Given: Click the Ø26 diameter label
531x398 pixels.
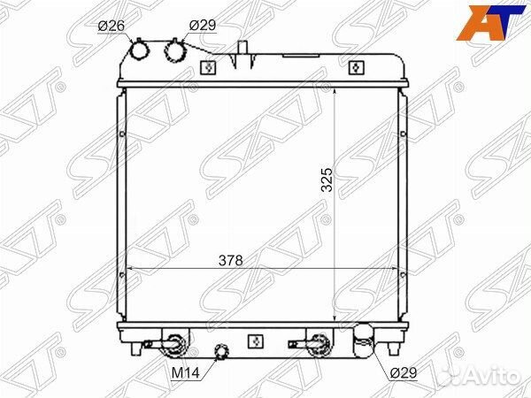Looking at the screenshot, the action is click(x=112, y=26).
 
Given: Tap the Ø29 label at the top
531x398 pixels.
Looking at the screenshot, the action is click(x=202, y=26).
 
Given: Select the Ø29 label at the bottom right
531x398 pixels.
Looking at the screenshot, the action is click(x=403, y=372).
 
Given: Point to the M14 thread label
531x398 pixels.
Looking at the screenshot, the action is click(x=186, y=373).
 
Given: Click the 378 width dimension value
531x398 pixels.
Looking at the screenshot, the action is click(x=231, y=260).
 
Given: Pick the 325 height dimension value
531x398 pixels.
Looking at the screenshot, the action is click(x=327, y=180).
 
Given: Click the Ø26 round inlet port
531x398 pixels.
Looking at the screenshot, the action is click(x=140, y=50).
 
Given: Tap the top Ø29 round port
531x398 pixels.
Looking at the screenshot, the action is click(x=175, y=50).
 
